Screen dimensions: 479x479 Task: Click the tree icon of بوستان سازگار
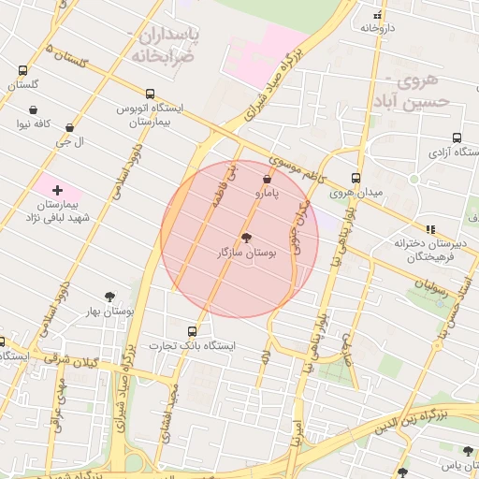tap(247, 238)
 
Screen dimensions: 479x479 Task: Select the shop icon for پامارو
tap(268, 178)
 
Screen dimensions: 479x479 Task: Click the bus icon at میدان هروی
tap(356, 178)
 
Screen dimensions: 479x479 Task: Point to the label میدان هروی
tap(356, 193)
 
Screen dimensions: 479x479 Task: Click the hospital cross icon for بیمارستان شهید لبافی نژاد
tap(57, 190)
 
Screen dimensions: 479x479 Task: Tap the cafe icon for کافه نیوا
tap(34, 109)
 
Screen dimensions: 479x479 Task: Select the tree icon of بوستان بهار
tap(110, 297)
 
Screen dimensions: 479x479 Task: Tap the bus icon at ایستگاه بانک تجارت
tap(193, 330)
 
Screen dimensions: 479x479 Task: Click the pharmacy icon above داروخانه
tap(378, 15)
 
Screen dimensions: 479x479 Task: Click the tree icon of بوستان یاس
tap(468, 451)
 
